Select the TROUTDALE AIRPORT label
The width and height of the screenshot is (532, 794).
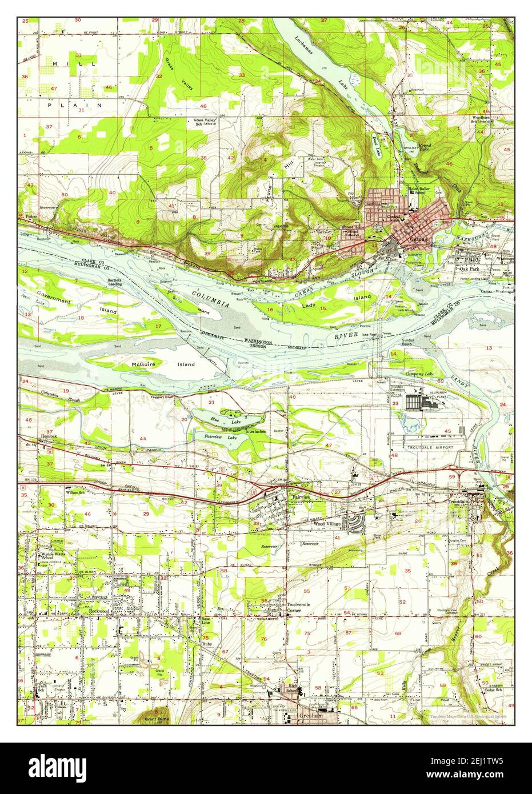(x=429, y=447)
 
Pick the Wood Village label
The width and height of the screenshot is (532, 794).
(x=327, y=523)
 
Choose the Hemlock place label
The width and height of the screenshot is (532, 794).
(x=48, y=436)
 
